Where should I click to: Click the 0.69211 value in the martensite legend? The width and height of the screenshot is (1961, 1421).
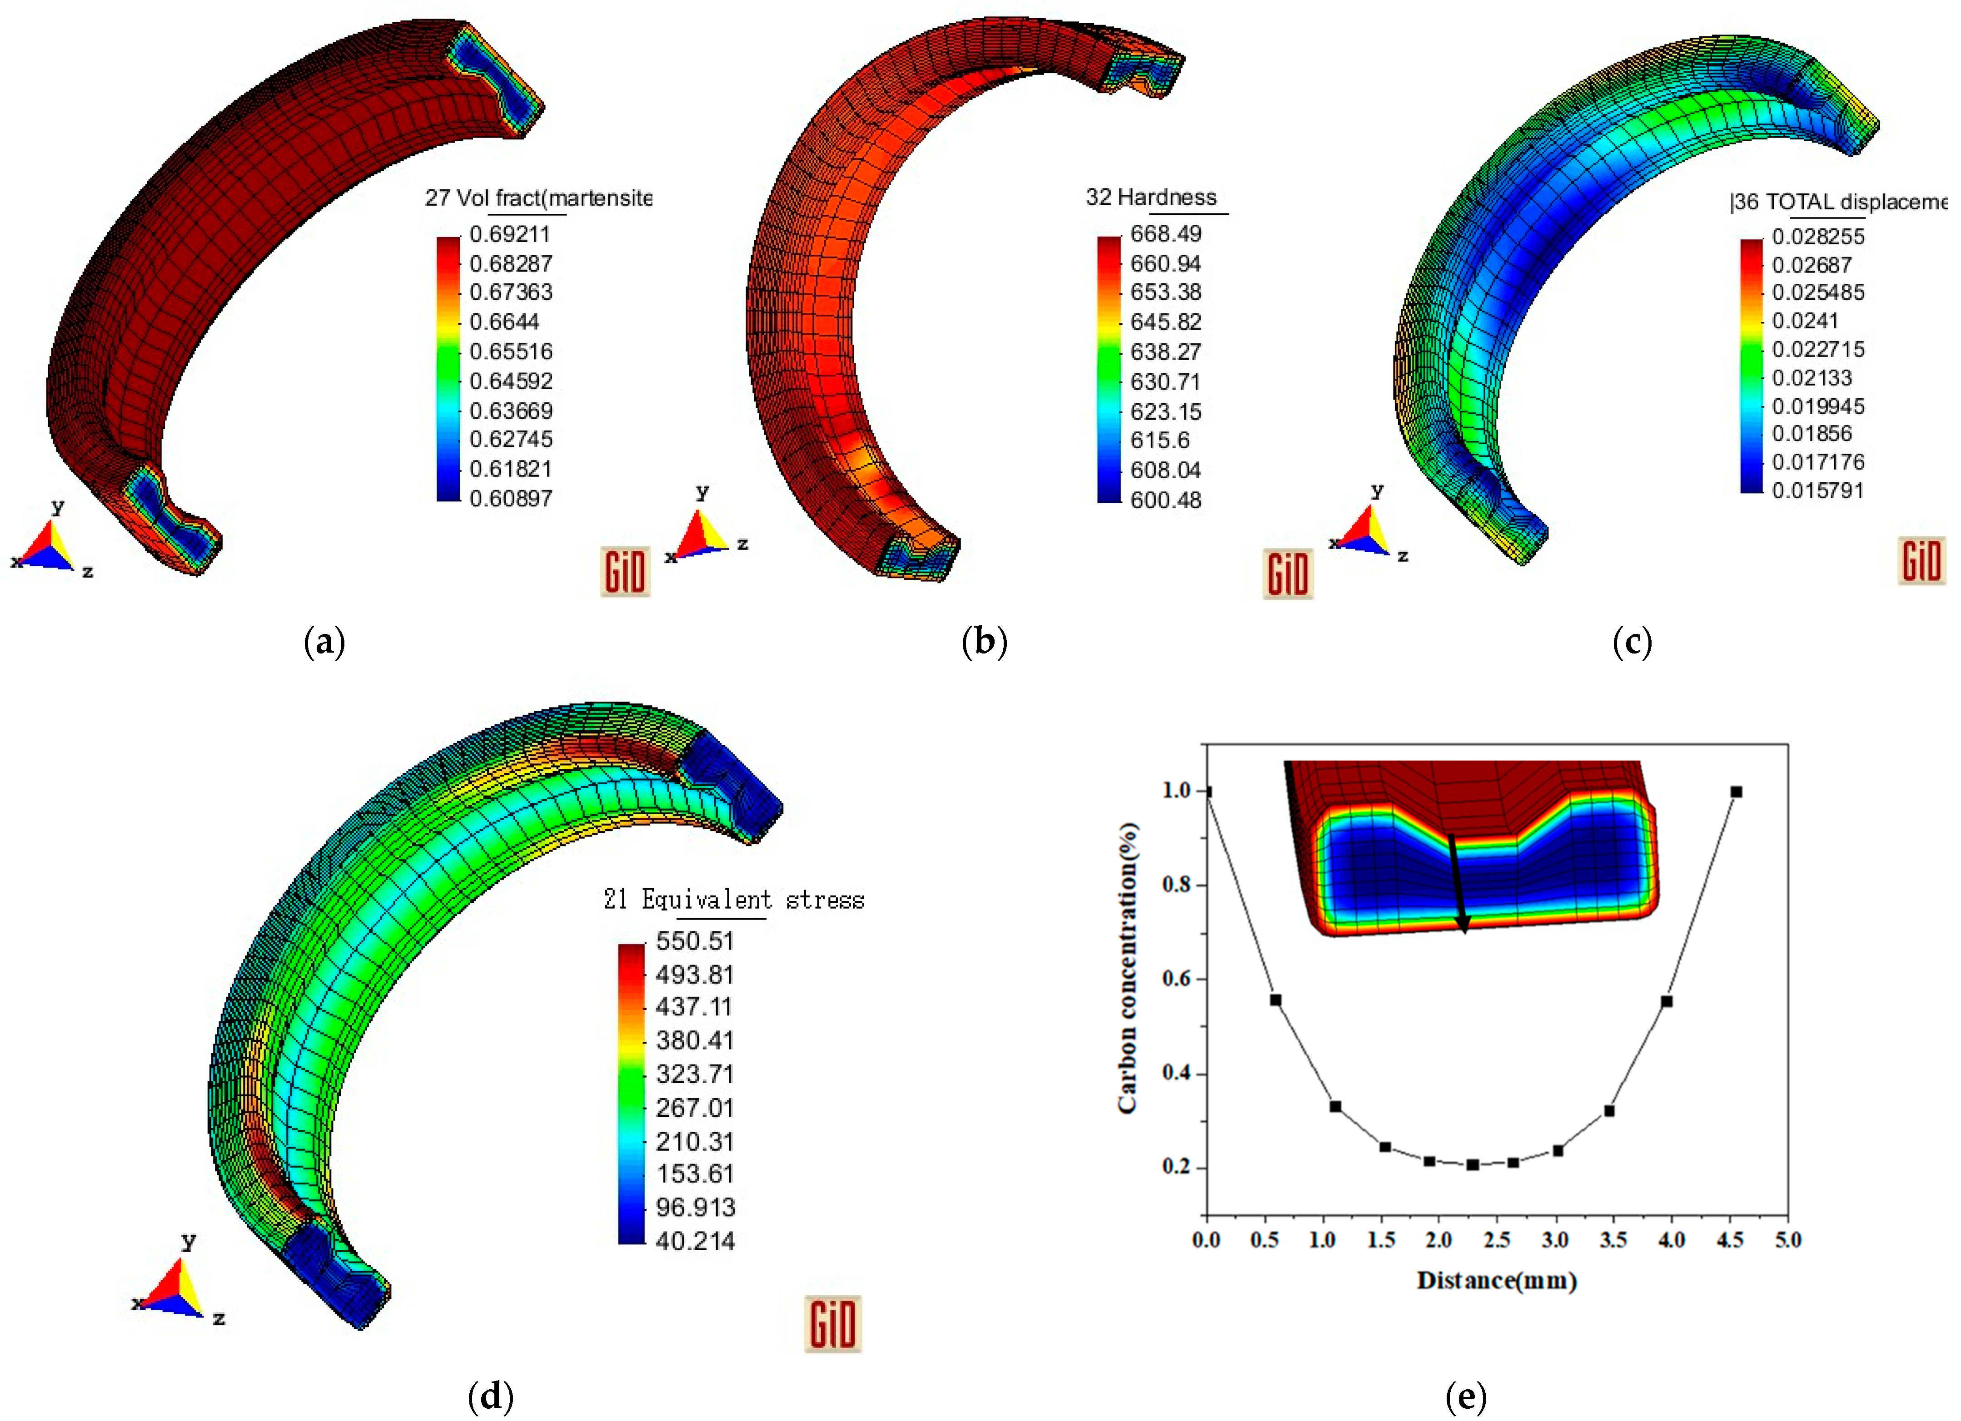pyautogui.click(x=509, y=234)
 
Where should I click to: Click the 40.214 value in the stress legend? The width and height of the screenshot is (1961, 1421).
pyautogui.click(x=694, y=1241)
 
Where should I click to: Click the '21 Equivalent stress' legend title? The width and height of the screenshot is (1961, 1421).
pyautogui.click(x=733, y=900)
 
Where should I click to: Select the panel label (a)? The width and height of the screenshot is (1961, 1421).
pyautogui.click(x=325, y=642)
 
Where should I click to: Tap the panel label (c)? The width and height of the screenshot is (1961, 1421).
pyautogui.click(x=1632, y=642)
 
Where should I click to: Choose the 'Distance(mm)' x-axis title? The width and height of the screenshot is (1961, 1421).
pyautogui.click(x=1496, y=1280)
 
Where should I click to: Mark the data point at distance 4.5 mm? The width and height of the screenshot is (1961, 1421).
pyautogui.click(x=1735, y=792)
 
